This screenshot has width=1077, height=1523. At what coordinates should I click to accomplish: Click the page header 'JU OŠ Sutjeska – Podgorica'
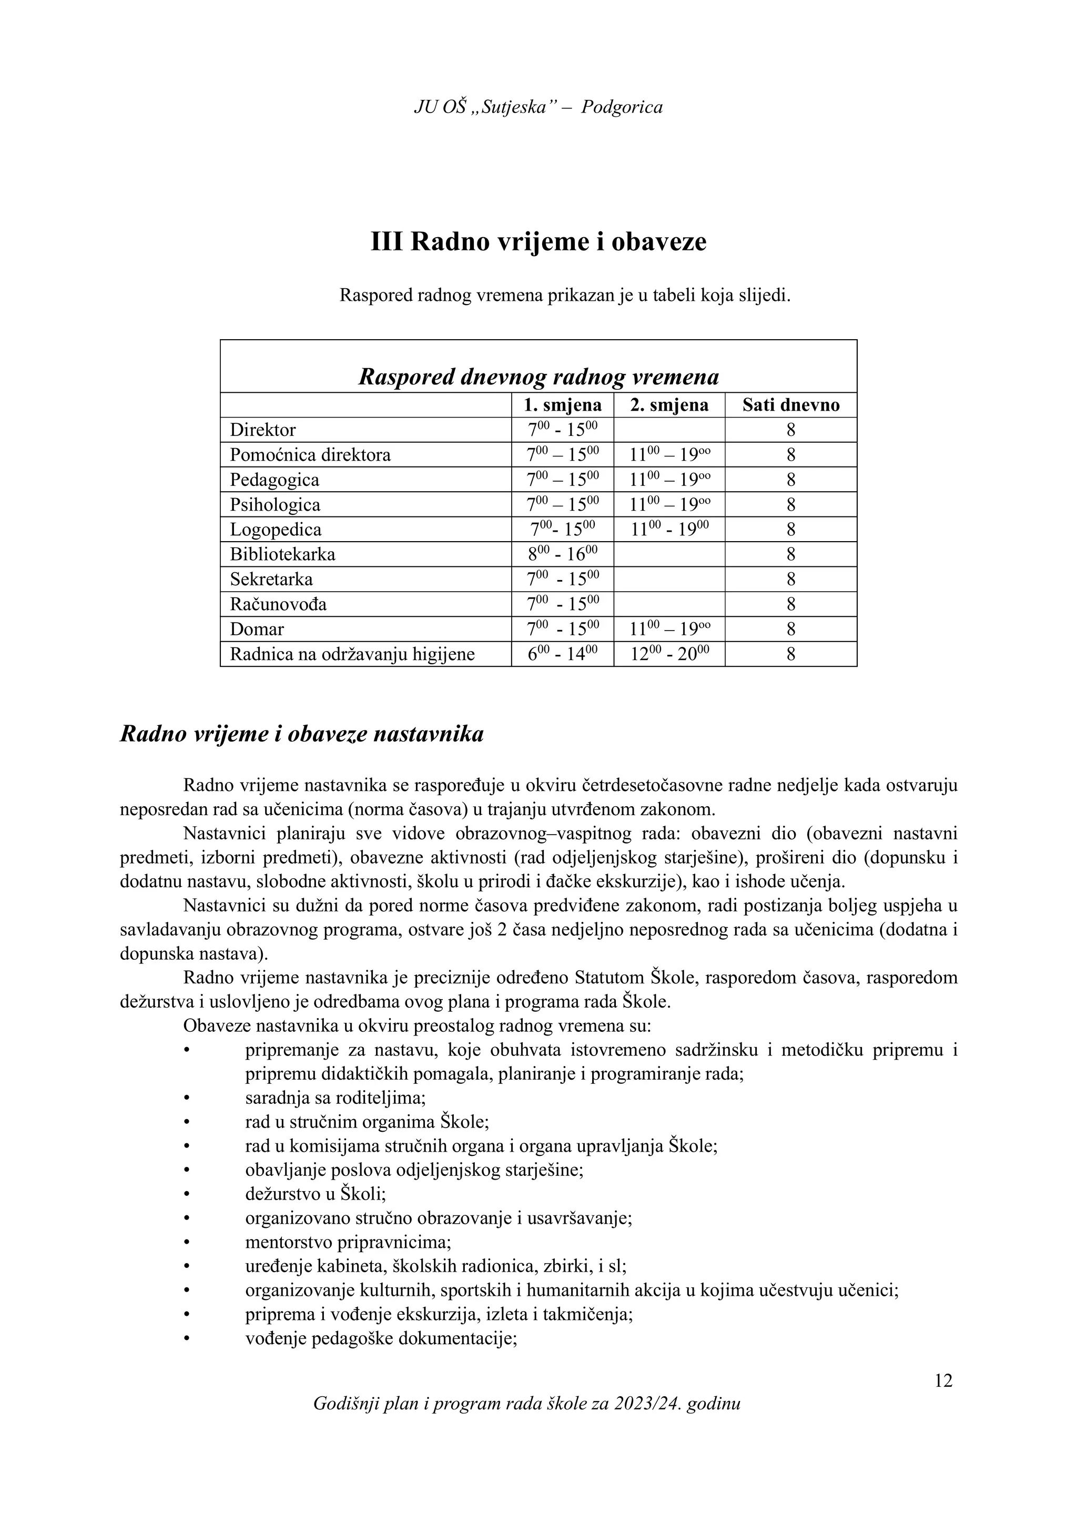pos(538,107)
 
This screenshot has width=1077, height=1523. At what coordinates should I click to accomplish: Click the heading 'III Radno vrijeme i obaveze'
pos(538,242)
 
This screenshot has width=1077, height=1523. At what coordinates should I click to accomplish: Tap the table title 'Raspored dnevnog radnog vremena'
pos(538,377)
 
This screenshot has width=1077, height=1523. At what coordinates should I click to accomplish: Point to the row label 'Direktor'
pos(263,430)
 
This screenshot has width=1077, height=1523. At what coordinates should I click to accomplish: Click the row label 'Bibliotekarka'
pos(282,554)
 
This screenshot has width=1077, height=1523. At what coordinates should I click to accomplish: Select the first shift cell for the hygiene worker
pos(562,654)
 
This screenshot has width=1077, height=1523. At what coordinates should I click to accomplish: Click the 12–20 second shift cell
pos(668,654)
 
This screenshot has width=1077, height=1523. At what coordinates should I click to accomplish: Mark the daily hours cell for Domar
pos(790,629)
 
